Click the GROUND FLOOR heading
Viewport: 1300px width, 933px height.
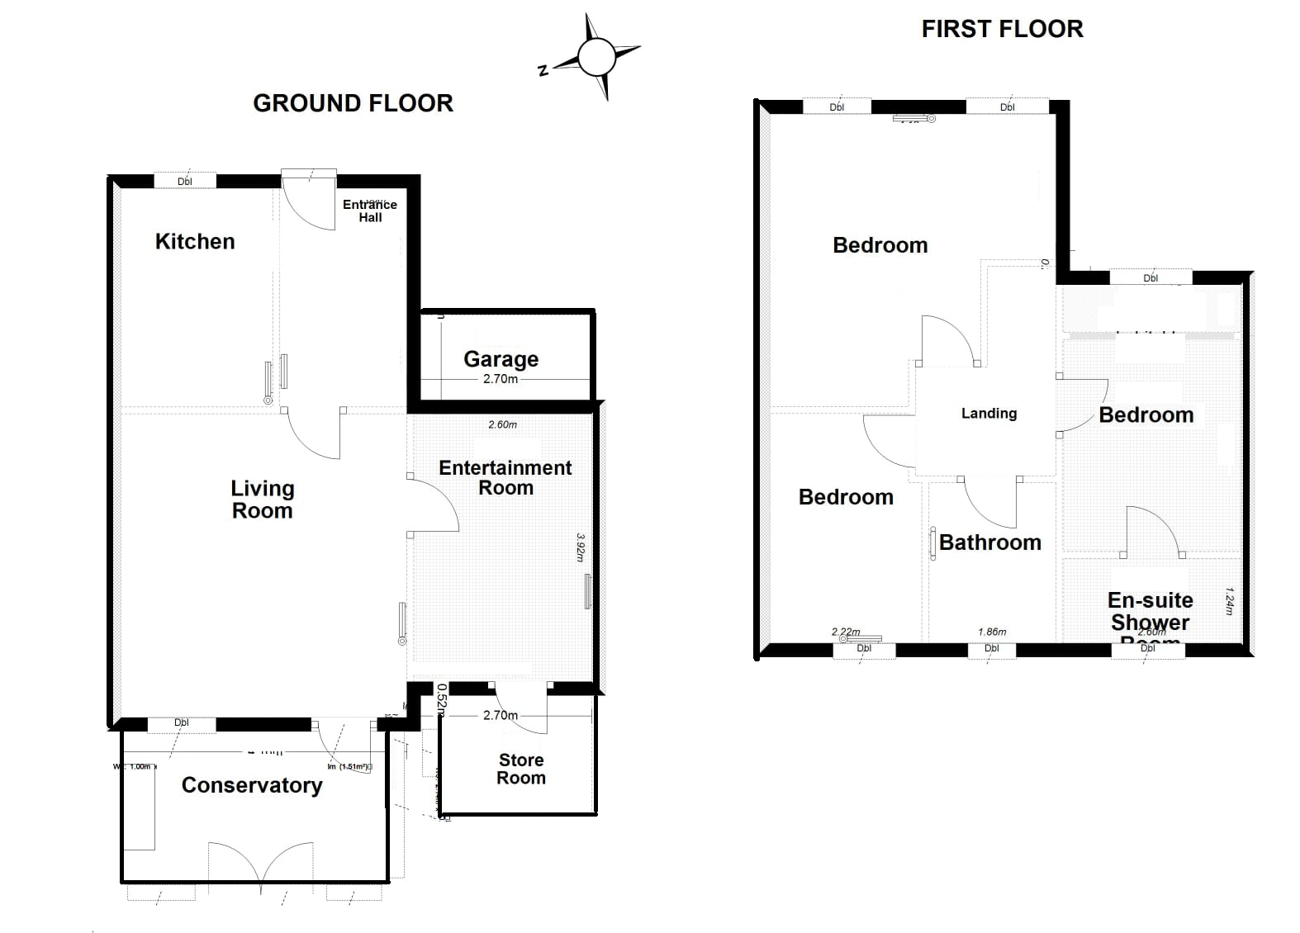point(353,103)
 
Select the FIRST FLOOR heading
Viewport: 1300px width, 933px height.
point(1002,29)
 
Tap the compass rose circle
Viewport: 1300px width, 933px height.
point(596,57)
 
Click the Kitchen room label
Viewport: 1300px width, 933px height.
point(195,241)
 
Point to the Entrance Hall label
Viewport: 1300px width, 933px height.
point(370,211)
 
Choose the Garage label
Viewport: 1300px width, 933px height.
point(501,358)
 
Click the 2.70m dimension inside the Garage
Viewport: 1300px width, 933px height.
point(501,379)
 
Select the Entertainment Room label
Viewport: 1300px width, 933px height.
point(505,477)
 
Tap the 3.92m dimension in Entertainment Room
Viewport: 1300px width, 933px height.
point(581,547)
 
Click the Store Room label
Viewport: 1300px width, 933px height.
point(521,769)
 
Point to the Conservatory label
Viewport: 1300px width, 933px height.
point(252,784)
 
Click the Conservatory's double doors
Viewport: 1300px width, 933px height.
point(260,863)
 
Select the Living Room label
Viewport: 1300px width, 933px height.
point(262,499)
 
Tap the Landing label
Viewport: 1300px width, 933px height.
point(989,413)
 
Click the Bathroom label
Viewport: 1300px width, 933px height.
point(989,542)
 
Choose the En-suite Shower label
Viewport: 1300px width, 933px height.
point(1150,611)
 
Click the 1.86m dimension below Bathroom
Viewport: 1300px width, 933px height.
point(992,632)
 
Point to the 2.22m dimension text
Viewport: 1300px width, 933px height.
point(846,632)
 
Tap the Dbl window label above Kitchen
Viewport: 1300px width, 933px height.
point(185,182)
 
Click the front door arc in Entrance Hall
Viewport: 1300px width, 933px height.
point(310,206)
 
